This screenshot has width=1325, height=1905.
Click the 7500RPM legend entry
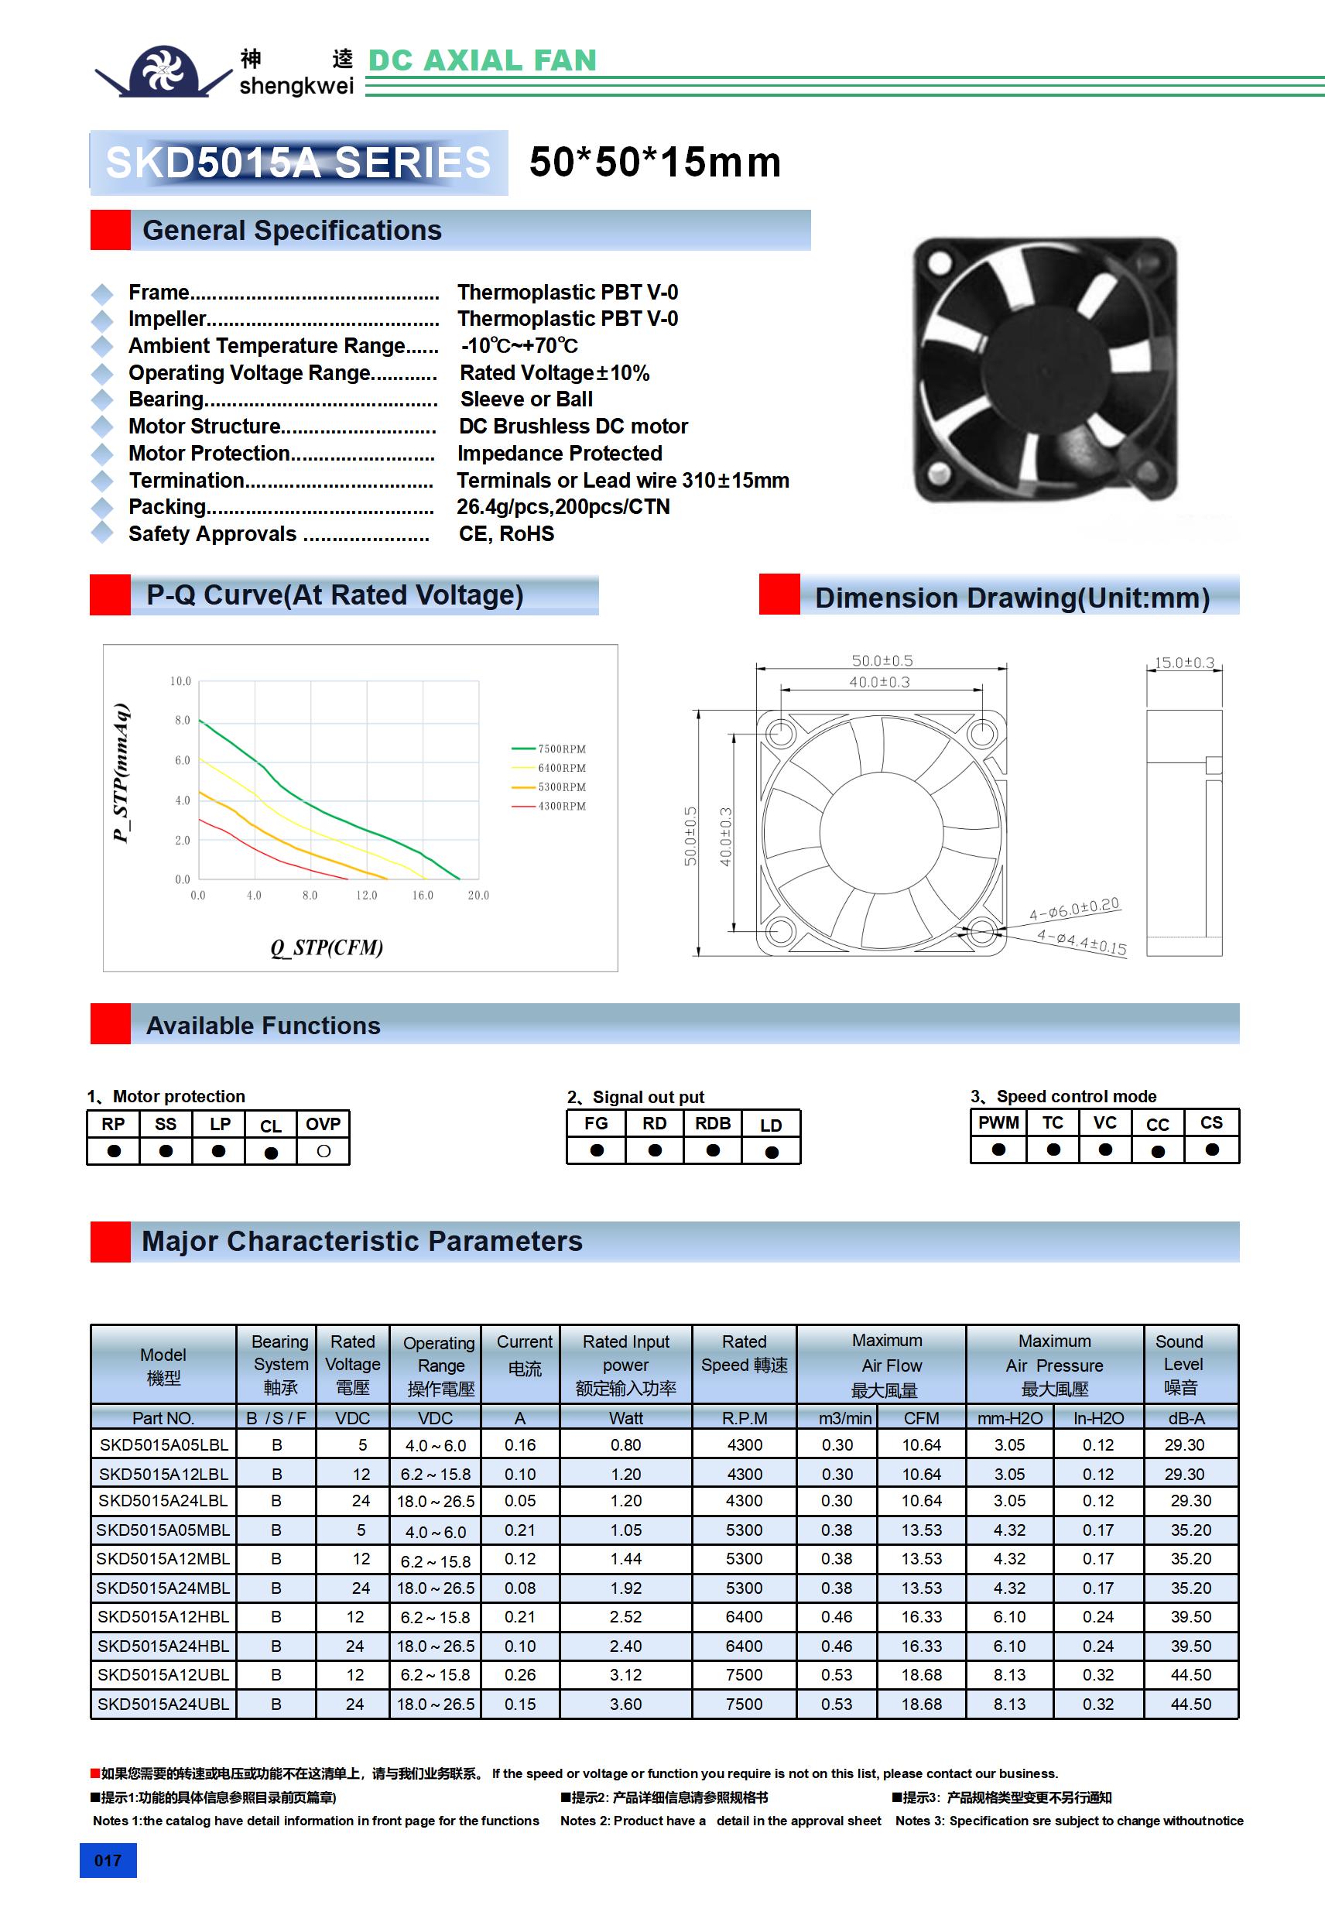[561, 749]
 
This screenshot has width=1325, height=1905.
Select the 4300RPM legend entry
[561, 806]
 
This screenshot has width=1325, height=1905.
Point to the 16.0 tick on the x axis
[423, 896]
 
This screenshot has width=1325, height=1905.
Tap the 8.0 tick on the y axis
[183, 720]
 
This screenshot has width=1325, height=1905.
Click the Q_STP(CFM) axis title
[327, 947]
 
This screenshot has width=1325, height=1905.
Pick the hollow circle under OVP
[324, 1151]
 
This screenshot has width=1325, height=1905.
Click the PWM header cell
[998, 1122]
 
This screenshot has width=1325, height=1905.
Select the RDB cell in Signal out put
[713, 1123]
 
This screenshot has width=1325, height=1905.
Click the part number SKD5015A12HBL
[163, 1616]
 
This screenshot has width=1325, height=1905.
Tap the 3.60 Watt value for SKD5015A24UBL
[625, 1704]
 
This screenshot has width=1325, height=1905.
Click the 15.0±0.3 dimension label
[1184, 662]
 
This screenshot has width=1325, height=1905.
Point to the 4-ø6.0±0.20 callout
[1074, 908]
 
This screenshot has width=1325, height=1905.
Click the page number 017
[108, 1860]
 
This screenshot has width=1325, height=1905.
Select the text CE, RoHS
[506, 533]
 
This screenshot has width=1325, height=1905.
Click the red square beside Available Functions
[111, 1024]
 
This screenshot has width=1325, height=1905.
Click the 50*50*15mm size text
[655, 162]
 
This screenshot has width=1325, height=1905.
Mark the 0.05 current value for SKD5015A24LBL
[520, 1500]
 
